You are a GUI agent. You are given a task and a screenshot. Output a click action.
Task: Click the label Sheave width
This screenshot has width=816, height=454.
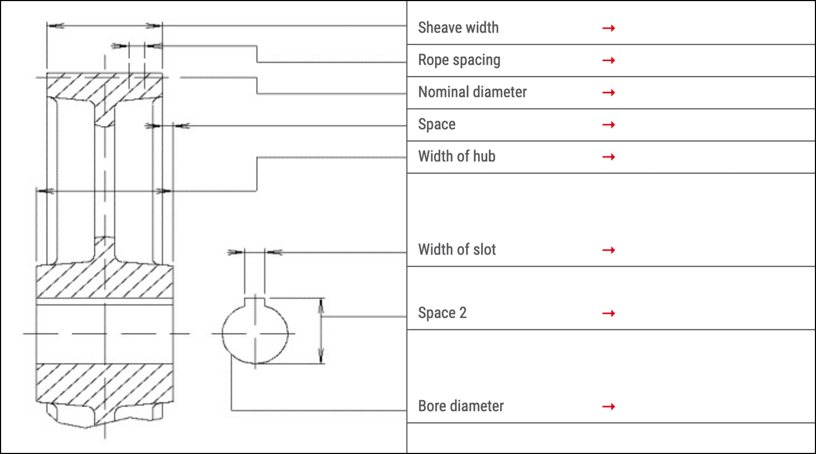click(x=458, y=28)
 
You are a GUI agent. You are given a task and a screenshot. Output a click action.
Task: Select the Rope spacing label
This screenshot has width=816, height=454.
click(x=459, y=60)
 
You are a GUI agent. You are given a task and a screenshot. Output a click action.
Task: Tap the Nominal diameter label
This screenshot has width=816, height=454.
click(x=472, y=92)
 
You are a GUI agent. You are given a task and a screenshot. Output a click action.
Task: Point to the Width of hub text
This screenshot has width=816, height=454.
click(x=457, y=157)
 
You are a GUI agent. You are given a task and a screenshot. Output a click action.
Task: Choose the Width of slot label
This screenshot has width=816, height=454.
click(x=457, y=250)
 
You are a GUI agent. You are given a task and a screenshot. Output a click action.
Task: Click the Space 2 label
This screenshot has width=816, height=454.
click(x=442, y=313)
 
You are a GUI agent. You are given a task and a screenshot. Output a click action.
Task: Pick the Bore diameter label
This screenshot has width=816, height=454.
click(x=460, y=406)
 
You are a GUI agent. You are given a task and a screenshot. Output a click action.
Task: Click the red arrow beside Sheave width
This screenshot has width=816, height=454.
click(x=609, y=28)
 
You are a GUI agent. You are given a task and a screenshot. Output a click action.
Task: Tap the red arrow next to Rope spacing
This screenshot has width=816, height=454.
click(x=609, y=60)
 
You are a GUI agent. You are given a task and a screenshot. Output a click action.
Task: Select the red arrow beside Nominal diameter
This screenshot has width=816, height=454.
click(x=609, y=93)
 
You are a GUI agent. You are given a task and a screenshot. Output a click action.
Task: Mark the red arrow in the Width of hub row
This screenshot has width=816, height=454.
click(x=609, y=157)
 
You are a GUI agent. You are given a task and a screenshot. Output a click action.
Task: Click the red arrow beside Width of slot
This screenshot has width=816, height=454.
click(x=609, y=250)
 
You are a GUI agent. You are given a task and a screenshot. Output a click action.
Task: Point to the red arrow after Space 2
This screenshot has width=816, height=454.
click(x=609, y=314)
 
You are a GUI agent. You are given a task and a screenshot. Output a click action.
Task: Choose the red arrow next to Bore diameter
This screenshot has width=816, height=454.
click(x=609, y=406)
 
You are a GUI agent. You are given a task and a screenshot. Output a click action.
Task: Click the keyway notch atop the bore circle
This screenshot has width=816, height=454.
click(x=255, y=302)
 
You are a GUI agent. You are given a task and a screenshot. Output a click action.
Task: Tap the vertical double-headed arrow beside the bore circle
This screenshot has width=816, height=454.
click(x=321, y=330)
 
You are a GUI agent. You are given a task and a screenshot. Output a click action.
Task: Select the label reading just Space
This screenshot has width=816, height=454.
click(x=437, y=125)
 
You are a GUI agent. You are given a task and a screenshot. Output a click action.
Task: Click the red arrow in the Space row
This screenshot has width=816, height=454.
click(x=609, y=125)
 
